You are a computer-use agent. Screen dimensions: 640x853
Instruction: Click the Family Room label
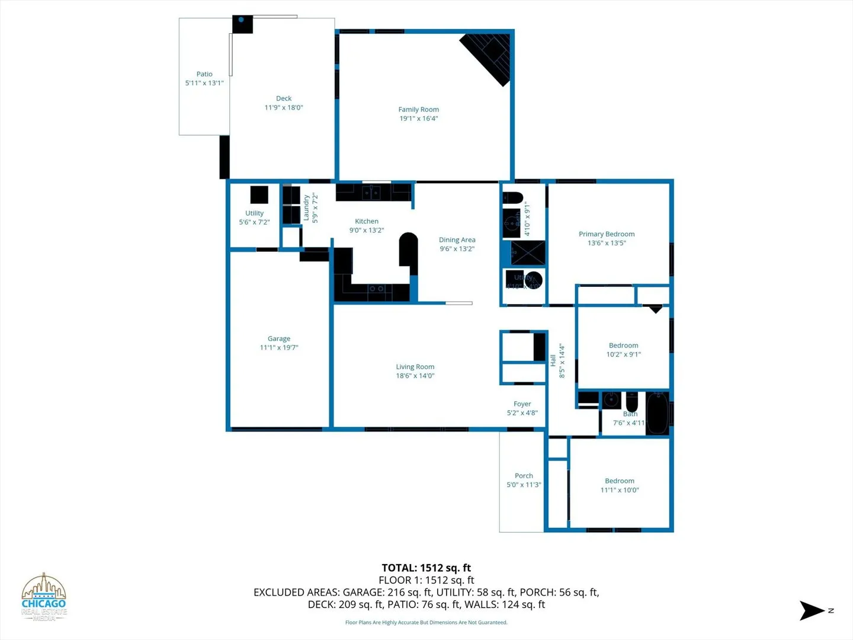pos(418,110)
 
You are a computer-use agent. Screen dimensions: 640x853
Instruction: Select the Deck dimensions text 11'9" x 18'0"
pos(284,108)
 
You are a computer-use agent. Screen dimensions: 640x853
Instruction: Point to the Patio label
pos(204,74)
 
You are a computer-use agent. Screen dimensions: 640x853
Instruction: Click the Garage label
pos(279,338)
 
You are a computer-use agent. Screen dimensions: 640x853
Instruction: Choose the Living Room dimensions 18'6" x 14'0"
pos(415,376)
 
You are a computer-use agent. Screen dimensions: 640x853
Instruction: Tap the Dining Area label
pos(457,239)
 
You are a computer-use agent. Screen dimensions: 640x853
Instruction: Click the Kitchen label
pos(367,221)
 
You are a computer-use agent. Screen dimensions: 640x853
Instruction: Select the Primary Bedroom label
pos(607,234)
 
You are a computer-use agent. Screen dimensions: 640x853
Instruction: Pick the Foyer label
pos(522,404)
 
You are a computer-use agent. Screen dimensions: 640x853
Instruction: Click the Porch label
pos(524,476)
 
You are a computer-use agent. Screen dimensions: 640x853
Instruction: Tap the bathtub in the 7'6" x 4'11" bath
pos(657,413)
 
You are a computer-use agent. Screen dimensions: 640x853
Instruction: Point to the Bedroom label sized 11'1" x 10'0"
pos(620,481)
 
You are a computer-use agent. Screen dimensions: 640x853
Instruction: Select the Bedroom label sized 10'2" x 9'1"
pos(623,345)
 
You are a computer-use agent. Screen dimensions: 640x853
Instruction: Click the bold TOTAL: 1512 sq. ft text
pos(426,568)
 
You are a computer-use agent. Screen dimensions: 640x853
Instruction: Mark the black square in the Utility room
pos(259,194)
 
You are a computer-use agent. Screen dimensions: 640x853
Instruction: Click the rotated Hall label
pos(553,360)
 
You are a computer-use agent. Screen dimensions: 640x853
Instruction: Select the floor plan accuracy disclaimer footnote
pos(426,622)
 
